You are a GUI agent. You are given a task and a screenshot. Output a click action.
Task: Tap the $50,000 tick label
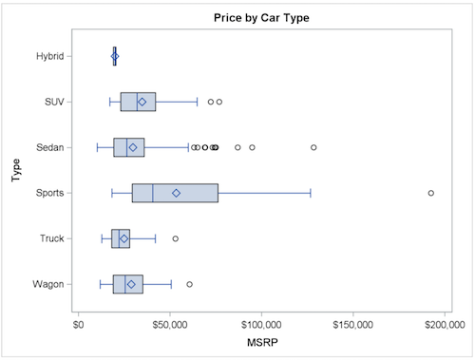(x=170, y=324)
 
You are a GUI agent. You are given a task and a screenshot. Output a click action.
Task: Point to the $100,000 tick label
(x=262, y=324)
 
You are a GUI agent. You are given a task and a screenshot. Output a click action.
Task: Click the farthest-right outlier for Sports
(x=431, y=193)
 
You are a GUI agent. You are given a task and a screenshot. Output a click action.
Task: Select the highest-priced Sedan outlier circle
(x=313, y=147)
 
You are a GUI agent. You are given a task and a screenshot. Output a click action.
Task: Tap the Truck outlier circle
(x=176, y=238)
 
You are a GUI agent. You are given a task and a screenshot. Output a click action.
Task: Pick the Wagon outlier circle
(x=190, y=284)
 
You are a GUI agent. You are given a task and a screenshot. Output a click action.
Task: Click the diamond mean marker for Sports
(x=176, y=193)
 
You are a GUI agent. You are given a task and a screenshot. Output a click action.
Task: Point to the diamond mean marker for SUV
(x=142, y=102)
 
